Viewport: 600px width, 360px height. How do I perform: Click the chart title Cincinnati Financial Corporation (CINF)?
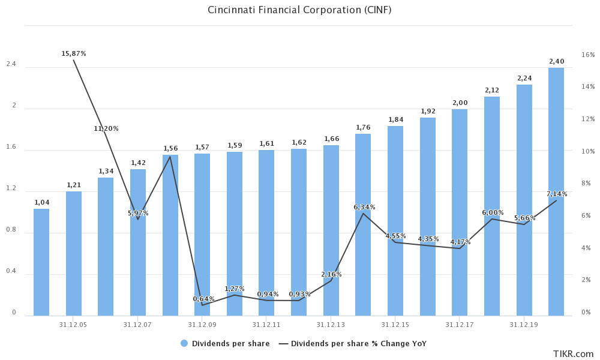pos(299,10)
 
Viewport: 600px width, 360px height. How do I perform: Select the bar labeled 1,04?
pos(41,262)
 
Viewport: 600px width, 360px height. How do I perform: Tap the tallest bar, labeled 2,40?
pos(556,192)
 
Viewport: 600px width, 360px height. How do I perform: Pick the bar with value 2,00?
pos(460,213)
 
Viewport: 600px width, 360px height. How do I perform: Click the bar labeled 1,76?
pos(363,225)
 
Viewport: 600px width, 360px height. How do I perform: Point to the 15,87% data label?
pos(74,53)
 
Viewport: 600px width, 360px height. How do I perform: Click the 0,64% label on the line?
pos(203,299)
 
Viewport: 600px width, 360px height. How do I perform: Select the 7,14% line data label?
pos(557,194)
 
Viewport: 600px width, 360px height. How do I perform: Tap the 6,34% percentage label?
pos(364,207)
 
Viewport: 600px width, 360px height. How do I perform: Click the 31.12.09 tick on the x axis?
pos(202,325)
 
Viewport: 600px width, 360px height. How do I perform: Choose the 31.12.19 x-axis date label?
pos(524,325)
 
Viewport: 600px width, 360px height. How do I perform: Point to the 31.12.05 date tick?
pos(73,325)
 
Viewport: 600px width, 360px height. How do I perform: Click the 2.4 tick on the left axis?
pos(11,64)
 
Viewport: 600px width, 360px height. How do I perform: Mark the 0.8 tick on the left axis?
pos(11,230)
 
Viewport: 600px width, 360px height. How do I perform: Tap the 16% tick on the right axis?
pos(588,55)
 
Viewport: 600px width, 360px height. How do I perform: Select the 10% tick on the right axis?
pos(588,151)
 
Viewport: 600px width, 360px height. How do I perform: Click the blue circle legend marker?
pos(184,343)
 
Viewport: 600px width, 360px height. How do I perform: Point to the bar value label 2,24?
pos(524,78)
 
